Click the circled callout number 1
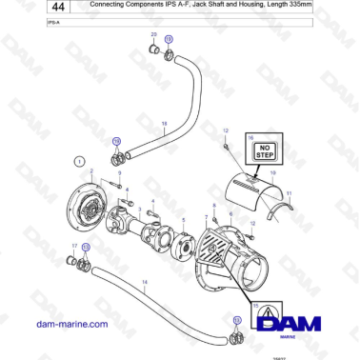coord(81,162)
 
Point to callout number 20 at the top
coord(153,34)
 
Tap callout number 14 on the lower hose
coord(144,282)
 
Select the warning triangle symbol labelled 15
coord(264,314)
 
